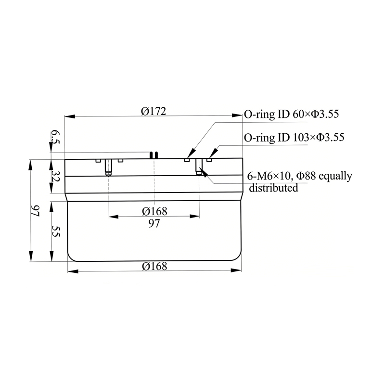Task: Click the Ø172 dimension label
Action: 154,111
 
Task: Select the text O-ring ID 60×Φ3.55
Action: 292,114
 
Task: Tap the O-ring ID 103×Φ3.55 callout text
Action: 294,137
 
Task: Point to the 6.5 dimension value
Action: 55,138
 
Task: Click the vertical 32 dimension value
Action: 55,176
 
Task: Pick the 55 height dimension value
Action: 55,231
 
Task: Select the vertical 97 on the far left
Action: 35,211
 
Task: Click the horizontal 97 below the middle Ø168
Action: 154,223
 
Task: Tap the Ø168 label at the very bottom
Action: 154,266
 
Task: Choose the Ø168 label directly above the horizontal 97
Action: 154,211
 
